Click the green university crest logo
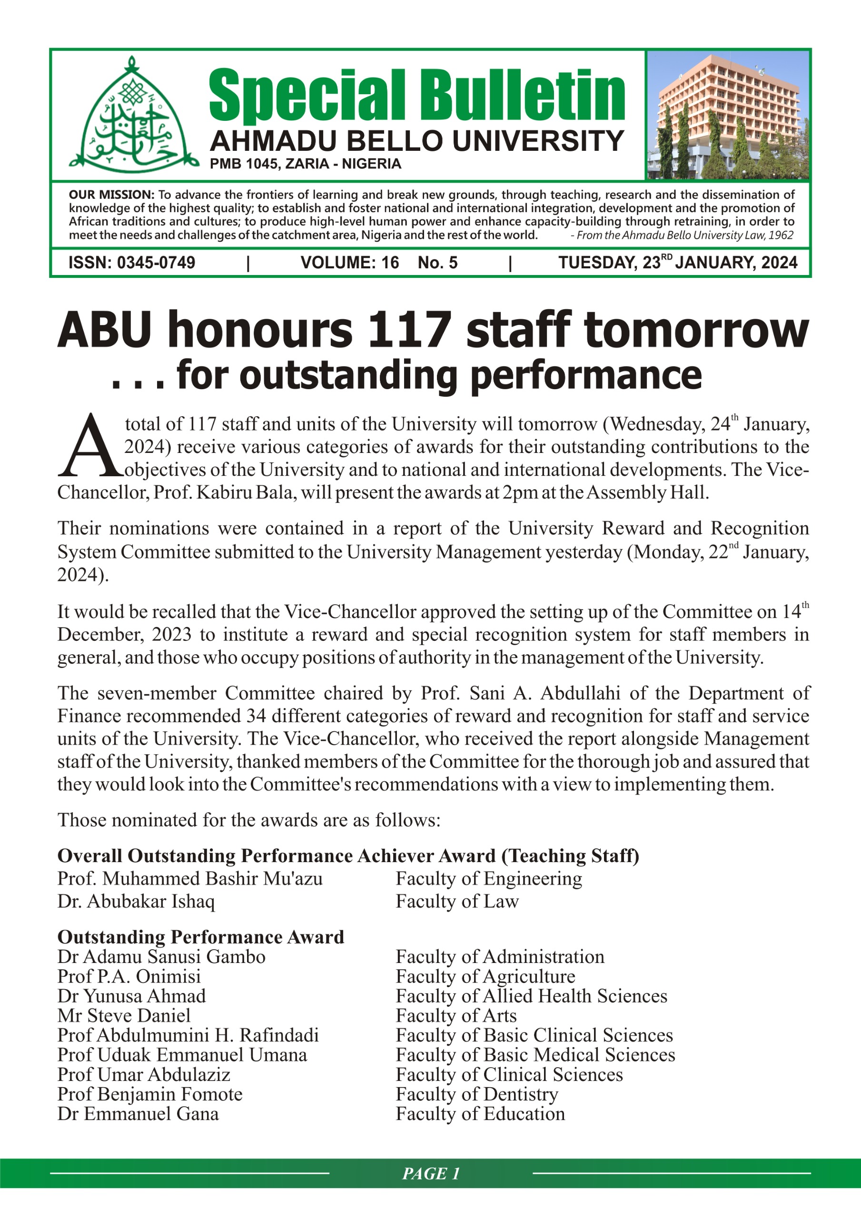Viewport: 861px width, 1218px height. coord(133,116)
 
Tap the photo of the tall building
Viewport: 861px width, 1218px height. coord(727,115)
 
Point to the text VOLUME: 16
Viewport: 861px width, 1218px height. coord(349,263)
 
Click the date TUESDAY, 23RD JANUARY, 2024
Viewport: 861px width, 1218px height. coord(677,262)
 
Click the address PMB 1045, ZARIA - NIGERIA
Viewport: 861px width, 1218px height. coord(305,164)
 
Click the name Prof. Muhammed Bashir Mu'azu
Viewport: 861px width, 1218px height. coord(189,878)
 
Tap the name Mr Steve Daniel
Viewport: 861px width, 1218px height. coord(124,1015)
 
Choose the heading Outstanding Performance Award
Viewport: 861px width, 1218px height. coord(201,937)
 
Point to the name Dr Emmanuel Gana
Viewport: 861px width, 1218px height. coord(138,1113)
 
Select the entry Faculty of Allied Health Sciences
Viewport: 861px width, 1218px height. coord(531,996)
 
